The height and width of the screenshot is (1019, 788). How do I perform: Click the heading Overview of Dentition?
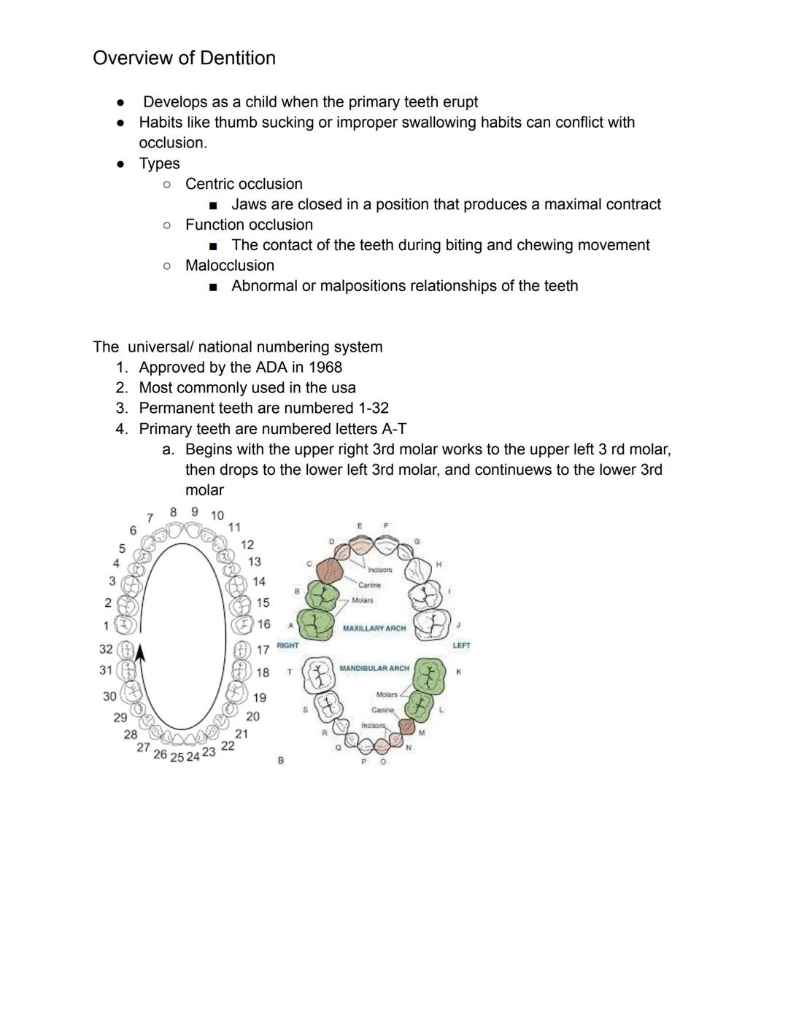[184, 58]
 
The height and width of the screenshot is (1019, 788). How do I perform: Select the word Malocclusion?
[230, 266]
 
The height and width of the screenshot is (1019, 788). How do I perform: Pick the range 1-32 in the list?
[370, 408]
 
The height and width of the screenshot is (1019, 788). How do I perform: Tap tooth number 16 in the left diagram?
[263, 624]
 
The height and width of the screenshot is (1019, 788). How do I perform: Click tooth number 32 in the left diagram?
[106, 648]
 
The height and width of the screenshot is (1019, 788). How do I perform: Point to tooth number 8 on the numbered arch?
[173, 512]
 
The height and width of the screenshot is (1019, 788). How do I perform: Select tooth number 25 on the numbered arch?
[177, 757]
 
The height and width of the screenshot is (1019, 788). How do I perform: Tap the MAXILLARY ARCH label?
[374, 628]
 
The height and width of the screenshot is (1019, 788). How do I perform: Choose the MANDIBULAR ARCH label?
[374, 668]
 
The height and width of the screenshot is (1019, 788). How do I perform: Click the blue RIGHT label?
[287, 646]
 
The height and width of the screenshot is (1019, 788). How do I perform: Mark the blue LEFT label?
[461, 646]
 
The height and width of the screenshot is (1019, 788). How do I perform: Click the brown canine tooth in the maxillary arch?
[331, 570]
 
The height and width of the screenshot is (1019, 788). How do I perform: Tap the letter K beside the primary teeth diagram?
[458, 672]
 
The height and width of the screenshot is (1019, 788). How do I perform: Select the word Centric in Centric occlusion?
[210, 184]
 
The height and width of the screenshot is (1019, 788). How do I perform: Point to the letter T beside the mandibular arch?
[289, 672]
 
